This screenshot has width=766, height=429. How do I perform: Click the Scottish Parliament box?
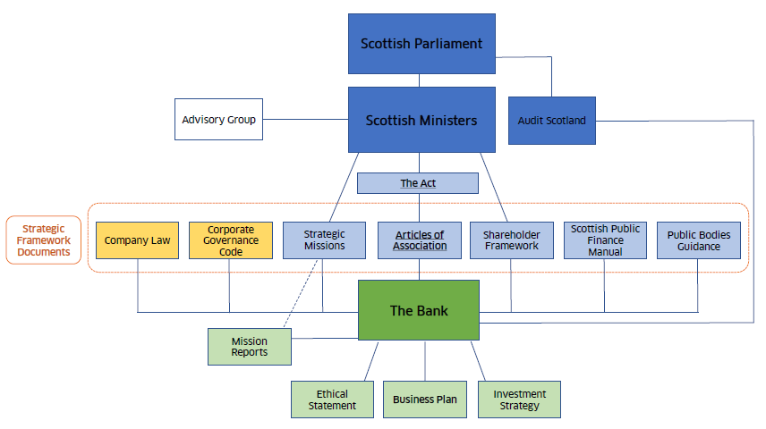[x=421, y=43]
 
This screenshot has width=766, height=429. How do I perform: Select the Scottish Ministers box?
[x=421, y=119]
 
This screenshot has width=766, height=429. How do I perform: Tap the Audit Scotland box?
[x=551, y=120]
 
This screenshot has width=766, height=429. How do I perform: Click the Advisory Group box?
[x=218, y=119]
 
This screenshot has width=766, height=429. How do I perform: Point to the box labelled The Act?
[x=418, y=183]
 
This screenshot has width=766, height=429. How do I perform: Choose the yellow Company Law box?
[x=137, y=240]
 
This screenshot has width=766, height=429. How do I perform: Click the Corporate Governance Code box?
[x=230, y=240]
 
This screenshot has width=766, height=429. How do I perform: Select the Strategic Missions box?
[x=324, y=240]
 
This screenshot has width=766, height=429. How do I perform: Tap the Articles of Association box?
[x=419, y=240]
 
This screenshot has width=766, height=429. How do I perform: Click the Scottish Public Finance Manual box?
[x=605, y=240]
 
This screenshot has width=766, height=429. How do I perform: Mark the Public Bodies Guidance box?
[x=699, y=240]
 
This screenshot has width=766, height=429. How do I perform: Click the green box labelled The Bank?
[x=419, y=310]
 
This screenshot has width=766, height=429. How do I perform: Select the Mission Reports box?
[x=250, y=347]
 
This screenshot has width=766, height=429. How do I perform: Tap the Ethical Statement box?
[x=332, y=400]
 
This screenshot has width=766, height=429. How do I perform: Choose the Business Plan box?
[x=425, y=400]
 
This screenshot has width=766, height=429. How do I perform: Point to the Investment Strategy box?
[x=520, y=400]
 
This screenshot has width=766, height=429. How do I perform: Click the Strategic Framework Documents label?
[x=44, y=240]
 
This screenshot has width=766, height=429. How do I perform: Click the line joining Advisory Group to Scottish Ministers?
[x=305, y=119]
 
